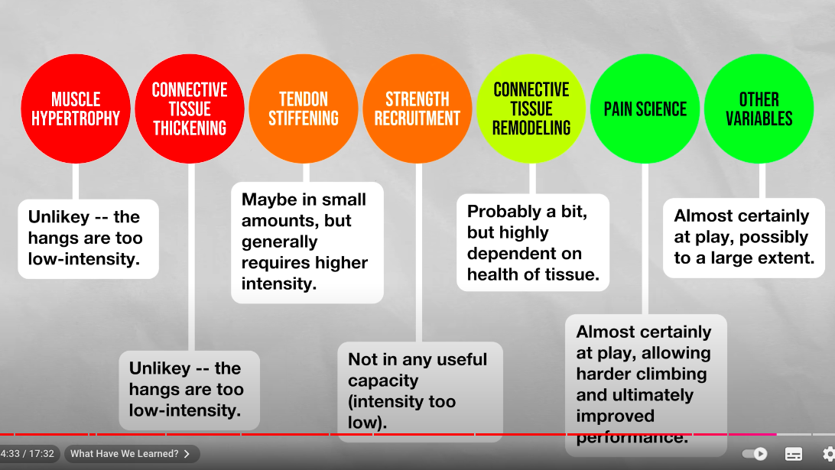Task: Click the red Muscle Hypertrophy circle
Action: point(76,109)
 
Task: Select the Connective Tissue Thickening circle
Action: point(190,109)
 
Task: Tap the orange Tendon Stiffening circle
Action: point(304,109)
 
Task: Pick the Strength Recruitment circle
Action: point(417,109)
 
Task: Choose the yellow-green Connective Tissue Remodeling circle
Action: point(531,109)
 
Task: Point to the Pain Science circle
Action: point(645,109)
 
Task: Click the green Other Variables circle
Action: point(759,109)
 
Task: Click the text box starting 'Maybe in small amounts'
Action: point(307,243)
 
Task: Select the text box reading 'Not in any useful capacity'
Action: point(420,392)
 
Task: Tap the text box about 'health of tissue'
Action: point(533,242)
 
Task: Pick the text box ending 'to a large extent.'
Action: point(744,238)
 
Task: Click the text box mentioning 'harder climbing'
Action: point(646,385)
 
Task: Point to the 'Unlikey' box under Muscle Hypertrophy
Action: point(89,239)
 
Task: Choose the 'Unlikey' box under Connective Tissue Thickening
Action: point(189,391)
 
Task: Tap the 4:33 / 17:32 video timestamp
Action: point(28,454)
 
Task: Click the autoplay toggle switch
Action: point(754,454)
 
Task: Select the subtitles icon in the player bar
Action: point(794,454)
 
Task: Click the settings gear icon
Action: point(829,454)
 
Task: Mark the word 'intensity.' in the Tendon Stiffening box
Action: point(279,284)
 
